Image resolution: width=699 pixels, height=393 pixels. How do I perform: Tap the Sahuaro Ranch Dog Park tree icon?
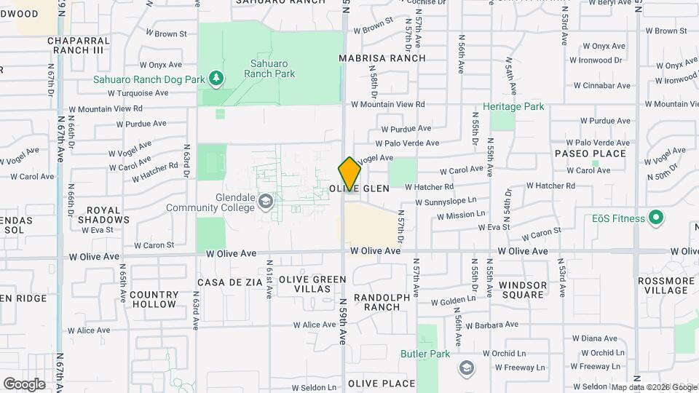(215, 77)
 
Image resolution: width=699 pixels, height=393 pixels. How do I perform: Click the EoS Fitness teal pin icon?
(655, 218)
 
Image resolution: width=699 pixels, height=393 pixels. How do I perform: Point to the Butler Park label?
(425, 354)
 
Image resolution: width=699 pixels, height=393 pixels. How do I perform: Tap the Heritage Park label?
(518, 106)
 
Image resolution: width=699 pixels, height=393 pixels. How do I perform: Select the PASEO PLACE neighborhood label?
(591, 154)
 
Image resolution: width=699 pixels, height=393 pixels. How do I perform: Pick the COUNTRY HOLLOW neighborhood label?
(154, 299)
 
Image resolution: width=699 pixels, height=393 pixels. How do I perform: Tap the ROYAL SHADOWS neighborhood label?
(103, 214)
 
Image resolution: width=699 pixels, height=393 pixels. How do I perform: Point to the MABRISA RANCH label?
(382, 57)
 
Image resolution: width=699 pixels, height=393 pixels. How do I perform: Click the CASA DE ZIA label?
(229, 282)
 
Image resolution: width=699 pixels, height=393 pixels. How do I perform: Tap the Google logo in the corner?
(24, 384)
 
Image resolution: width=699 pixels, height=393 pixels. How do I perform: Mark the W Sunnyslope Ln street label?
(446, 201)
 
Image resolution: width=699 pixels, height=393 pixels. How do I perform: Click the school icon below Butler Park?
(465, 368)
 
